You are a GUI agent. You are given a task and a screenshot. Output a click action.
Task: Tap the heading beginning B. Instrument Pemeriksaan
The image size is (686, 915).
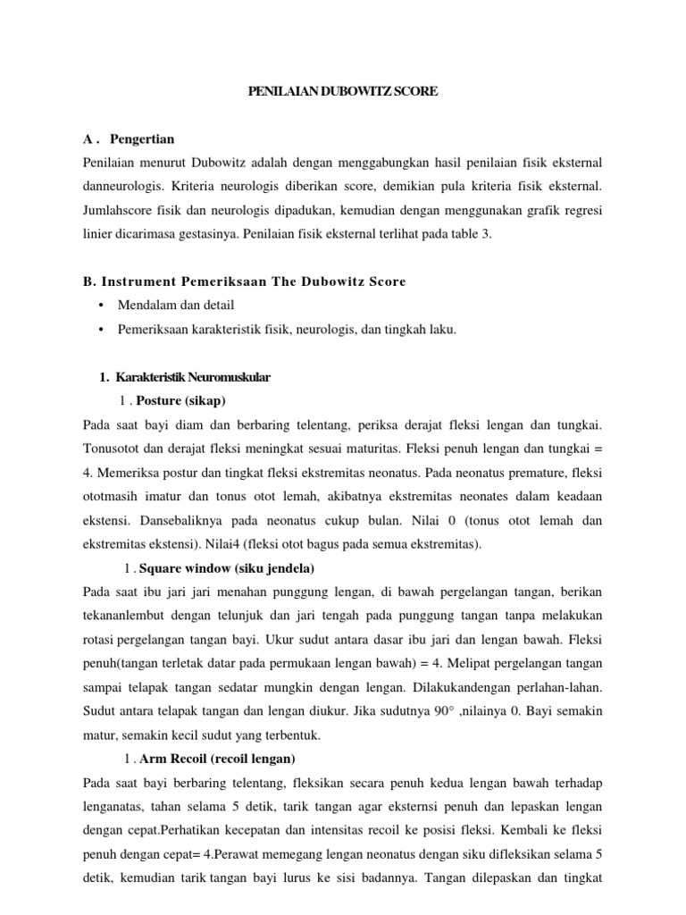click(244, 282)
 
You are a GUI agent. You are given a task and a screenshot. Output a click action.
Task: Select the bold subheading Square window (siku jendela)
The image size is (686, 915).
click(227, 568)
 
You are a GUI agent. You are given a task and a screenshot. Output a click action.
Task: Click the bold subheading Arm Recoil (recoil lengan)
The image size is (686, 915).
click(218, 760)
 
